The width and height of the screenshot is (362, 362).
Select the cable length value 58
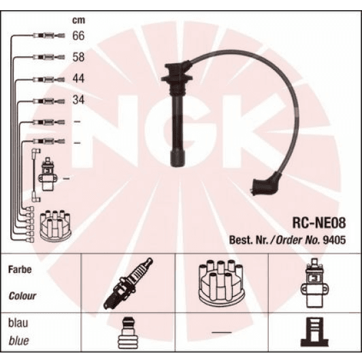pyautogui.click(x=78, y=57)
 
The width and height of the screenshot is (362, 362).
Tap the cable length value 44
pyautogui.click(x=78, y=80)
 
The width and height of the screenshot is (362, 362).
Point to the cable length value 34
pyautogui.click(x=78, y=101)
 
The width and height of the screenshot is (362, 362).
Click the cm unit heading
pyautogui.click(x=78, y=20)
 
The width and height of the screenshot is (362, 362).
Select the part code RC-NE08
pyautogui.click(x=318, y=221)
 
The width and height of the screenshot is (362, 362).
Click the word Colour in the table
pyautogui.click(x=22, y=297)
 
